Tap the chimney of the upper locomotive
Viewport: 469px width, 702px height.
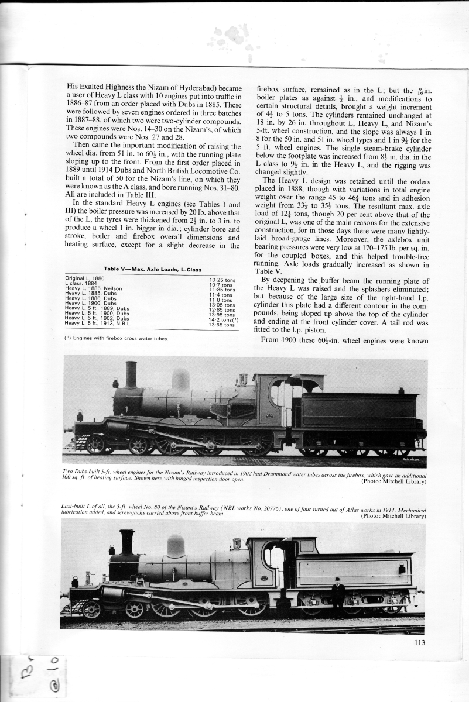point(131,376)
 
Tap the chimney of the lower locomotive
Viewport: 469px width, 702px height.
point(126,542)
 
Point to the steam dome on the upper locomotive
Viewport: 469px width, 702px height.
point(180,380)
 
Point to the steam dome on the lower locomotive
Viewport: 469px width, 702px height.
point(176,545)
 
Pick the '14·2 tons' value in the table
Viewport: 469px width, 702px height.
point(224,319)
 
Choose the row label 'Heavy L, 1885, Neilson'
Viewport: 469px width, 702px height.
point(94,289)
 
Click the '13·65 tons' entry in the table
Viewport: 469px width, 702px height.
point(221,325)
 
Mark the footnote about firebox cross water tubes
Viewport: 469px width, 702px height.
point(116,338)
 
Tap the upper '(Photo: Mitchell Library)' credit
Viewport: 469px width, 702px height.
point(393,481)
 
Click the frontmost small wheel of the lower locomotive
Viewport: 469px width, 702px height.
point(91,610)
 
